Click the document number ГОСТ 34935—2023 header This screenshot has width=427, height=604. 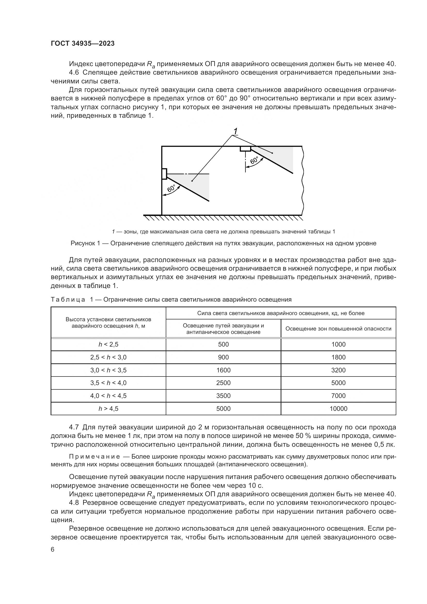(x=83, y=44)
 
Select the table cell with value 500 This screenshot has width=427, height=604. (x=223, y=344)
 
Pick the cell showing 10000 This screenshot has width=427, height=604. (x=338, y=409)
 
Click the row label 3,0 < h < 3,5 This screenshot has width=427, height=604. (x=108, y=370)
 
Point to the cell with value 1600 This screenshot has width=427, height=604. (x=223, y=370)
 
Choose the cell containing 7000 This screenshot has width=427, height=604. (x=338, y=396)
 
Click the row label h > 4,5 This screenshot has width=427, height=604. (x=108, y=409)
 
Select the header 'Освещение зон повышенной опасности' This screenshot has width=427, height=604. (x=338, y=328)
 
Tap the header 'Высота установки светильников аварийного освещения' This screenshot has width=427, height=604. (x=108, y=323)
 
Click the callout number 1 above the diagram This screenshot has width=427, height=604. (x=236, y=131)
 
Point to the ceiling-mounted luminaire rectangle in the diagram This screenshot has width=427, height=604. (x=245, y=149)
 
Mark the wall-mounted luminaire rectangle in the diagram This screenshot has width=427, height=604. (x=164, y=174)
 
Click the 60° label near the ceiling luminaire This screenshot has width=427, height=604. (x=255, y=160)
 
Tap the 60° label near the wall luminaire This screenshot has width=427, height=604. (x=171, y=188)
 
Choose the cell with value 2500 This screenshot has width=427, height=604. (x=223, y=383)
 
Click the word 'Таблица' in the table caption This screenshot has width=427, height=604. (x=68, y=300)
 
